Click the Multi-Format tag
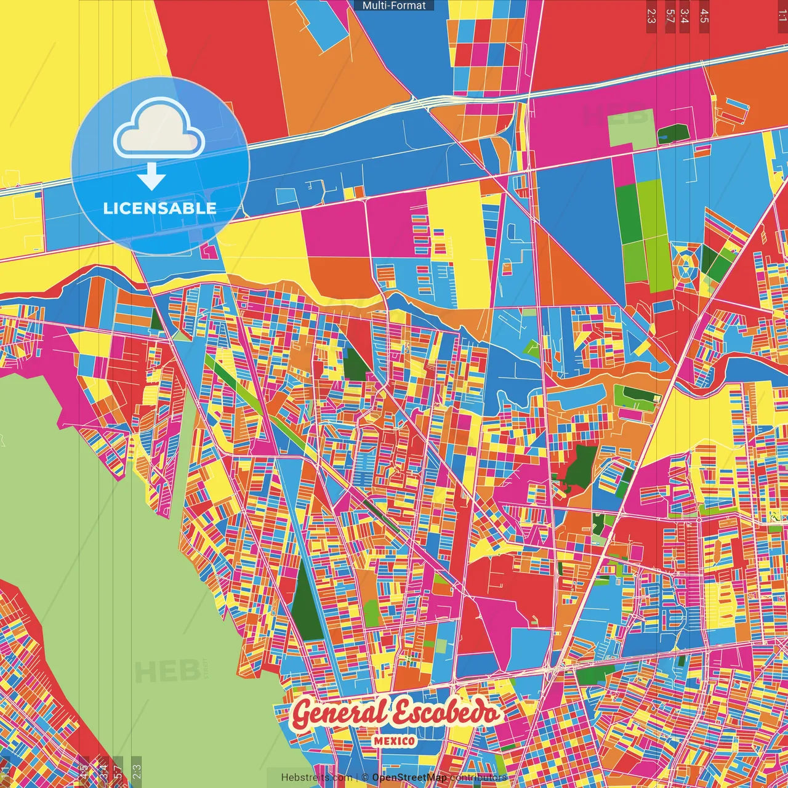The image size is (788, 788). coord(394,6)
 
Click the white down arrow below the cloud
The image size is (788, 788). coord(151,177)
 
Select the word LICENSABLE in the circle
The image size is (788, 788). coord(159,208)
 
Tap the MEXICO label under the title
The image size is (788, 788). coord(394,741)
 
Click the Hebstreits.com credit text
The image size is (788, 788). coord(316,778)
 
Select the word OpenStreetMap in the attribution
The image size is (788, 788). coord(409,778)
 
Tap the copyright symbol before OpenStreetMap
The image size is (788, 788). coord(365,778)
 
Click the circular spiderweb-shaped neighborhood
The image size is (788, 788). coord(685,266)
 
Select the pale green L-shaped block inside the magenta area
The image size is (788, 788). coord(628,127)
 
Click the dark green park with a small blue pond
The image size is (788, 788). coord(672,133)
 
